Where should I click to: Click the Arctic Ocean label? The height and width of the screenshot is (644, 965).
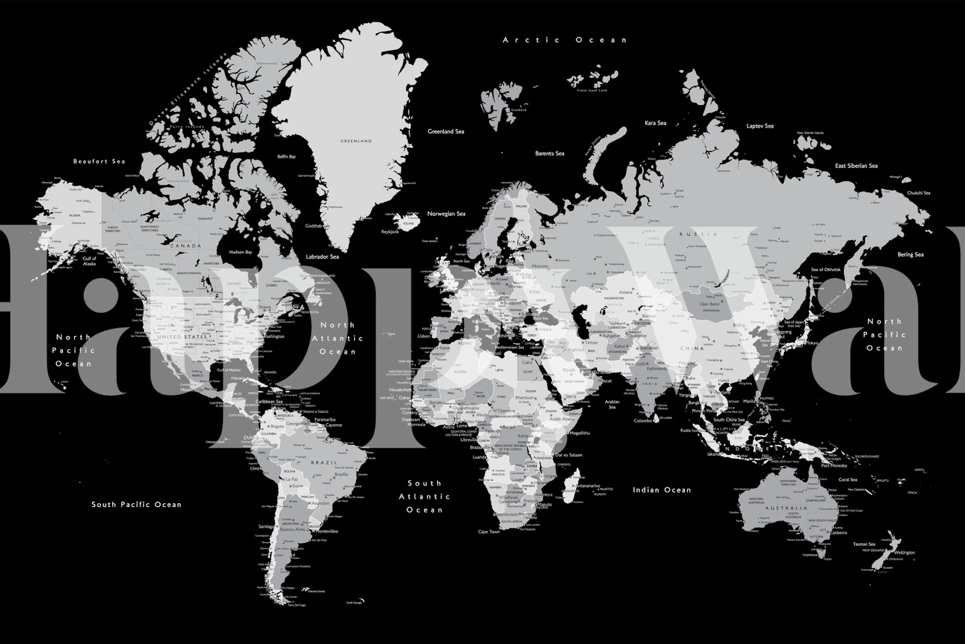(565, 40)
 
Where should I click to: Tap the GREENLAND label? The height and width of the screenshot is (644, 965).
(356, 141)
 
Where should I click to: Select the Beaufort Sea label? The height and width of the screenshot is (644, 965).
(99, 162)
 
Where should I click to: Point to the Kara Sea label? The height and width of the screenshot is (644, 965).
(655, 123)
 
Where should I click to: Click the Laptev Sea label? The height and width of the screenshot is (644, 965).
(760, 126)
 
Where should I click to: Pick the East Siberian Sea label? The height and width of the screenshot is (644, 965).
(856, 166)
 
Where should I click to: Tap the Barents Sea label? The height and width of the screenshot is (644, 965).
(550, 153)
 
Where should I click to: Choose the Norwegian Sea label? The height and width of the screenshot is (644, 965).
(446, 214)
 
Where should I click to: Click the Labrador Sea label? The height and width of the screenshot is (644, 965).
(322, 257)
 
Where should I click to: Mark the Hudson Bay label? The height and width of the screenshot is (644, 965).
(240, 252)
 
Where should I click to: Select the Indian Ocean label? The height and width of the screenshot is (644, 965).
(662, 490)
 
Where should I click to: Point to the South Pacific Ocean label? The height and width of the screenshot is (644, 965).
(136, 504)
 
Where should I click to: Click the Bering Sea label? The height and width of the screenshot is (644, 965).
(910, 255)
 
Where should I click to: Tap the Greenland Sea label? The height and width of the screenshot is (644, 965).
(446, 132)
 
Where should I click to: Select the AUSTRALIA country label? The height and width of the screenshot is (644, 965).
(786, 508)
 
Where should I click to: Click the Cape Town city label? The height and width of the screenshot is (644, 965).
(489, 532)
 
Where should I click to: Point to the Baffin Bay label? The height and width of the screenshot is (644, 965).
(286, 157)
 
